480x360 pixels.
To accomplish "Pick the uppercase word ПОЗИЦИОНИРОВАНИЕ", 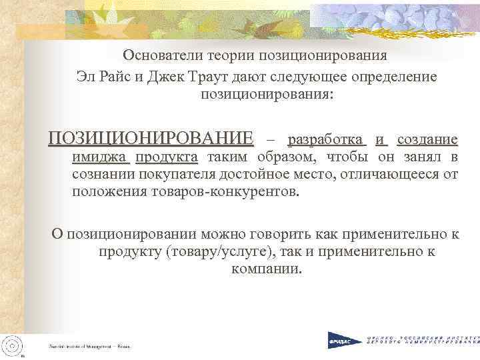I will coord(151,139).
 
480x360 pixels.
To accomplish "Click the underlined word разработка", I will coord(326,140).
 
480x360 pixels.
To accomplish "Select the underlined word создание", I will coord(427,140).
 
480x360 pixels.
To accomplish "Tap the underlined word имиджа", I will coord(101,158).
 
